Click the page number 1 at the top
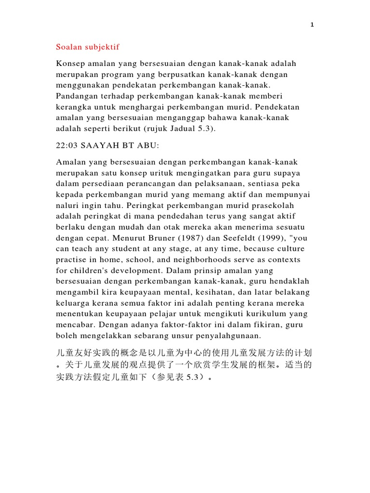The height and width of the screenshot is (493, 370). click(312, 25)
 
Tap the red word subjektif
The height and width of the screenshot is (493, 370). click(103, 47)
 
